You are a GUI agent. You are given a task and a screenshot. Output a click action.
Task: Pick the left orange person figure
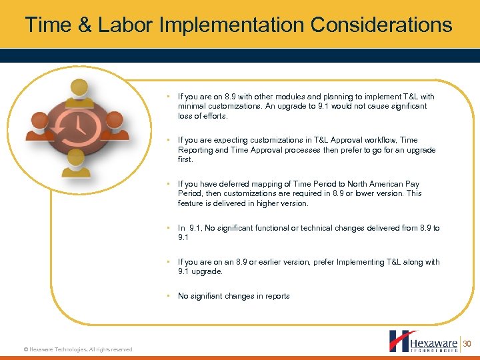(39, 125)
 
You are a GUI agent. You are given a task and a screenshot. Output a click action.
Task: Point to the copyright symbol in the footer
(25, 349)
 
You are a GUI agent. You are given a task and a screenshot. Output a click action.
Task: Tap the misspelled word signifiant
(211, 296)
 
